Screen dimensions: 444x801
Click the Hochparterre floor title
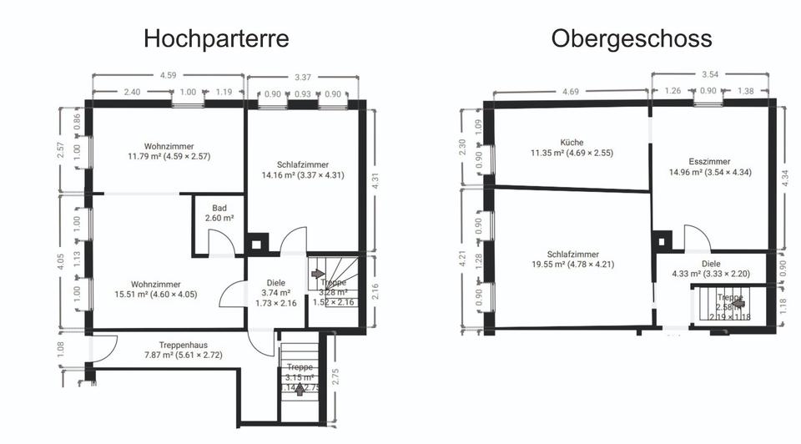216,38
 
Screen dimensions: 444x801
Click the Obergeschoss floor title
631,38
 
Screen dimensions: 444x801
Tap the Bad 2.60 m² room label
219,213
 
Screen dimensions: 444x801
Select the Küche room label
572,148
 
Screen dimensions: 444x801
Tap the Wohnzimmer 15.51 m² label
156,290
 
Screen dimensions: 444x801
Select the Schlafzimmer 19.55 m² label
572,260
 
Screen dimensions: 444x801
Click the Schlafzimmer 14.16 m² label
303,170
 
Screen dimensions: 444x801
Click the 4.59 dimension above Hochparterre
168,75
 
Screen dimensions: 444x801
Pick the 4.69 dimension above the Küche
571,91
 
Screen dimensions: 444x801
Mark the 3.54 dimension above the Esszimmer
710,74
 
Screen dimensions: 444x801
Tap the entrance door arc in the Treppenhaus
103,350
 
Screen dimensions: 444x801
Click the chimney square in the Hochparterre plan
259,245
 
